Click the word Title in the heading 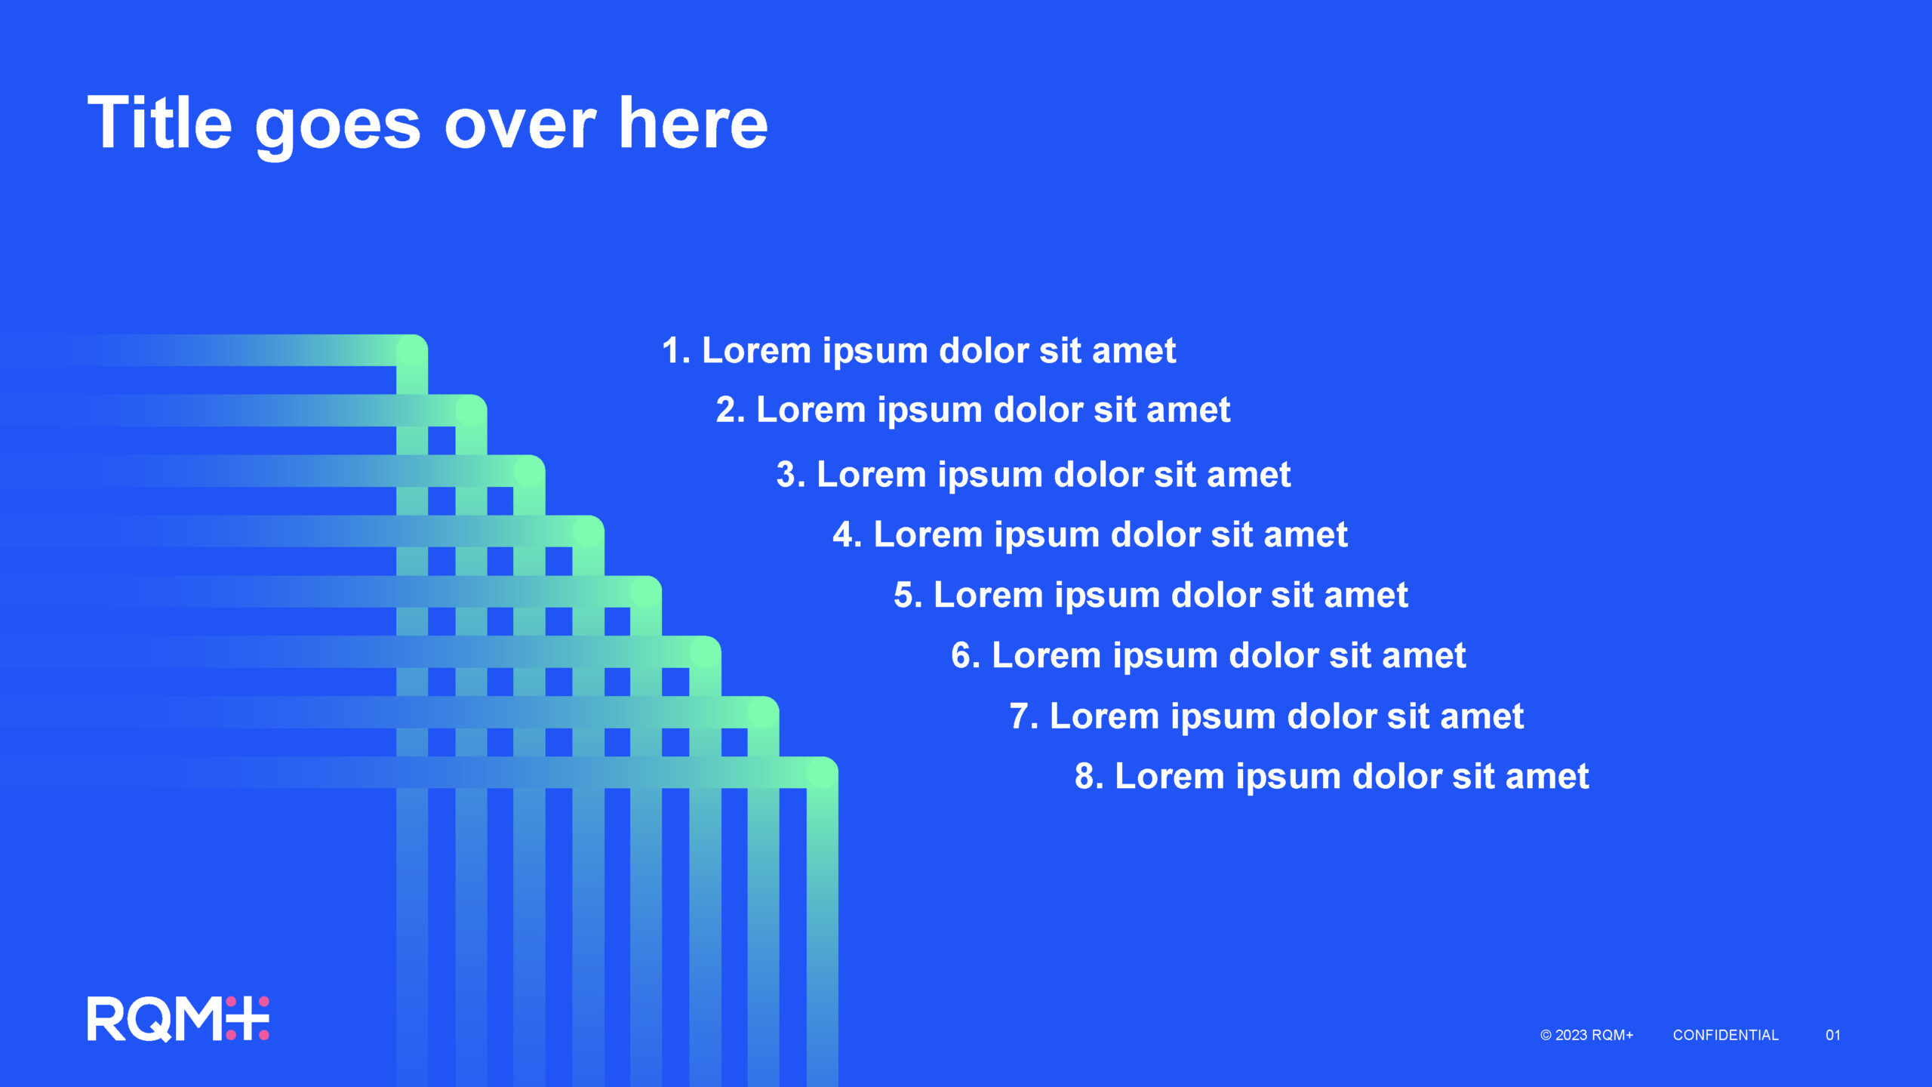(x=160, y=122)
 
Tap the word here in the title (x=693, y=122)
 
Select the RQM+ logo (x=178, y=1018)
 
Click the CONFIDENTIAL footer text (x=1725, y=1035)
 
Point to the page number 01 (x=1832, y=1035)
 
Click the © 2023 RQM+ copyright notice (x=1586, y=1035)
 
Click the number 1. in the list (x=676, y=350)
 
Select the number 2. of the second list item (x=731, y=410)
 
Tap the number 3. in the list (x=791, y=475)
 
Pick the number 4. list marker (x=848, y=534)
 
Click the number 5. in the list (x=908, y=595)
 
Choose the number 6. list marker (x=966, y=655)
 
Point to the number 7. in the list (x=1024, y=716)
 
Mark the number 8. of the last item (x=1089, y=776)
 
